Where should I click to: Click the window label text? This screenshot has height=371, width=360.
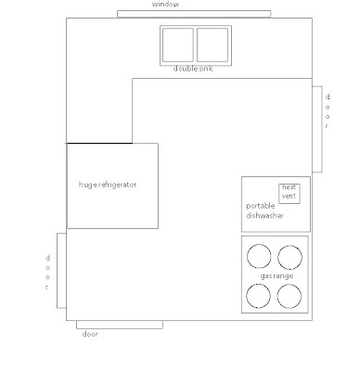coord(165,5)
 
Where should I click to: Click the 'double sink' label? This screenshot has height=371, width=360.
coord(193,69)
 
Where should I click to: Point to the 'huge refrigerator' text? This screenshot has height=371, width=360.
coord(108,185)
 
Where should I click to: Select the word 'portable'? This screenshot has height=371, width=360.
coord(261,206)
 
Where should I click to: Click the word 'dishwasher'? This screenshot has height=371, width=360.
coord(264,216)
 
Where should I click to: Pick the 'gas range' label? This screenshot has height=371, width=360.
coord(276,276)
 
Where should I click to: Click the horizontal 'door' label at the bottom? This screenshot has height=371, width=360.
coord(90,334)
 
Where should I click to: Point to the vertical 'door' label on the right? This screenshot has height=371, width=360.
coord(328,111)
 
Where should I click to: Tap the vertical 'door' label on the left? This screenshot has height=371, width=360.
coord(47,272)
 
